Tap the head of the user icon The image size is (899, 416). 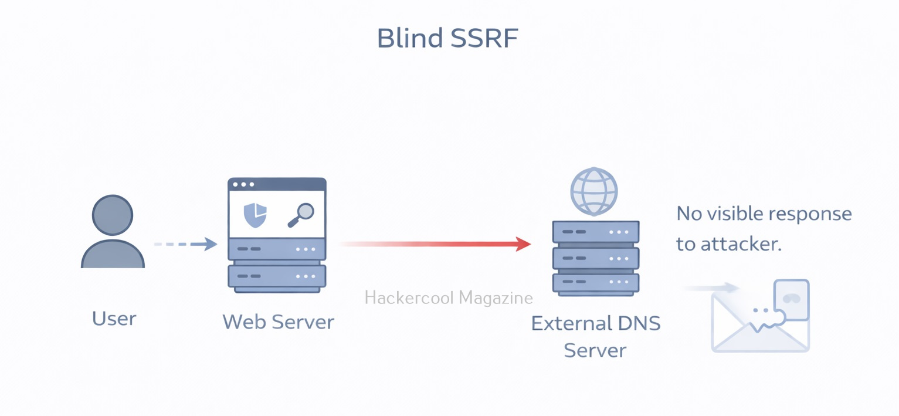click(x=113, y=215)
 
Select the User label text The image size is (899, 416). click(x=114, y=319)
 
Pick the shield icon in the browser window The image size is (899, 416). click(x=255, y=215)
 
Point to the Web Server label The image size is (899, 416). click(x=278, y=322)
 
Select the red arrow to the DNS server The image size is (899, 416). click(x=434, y=243)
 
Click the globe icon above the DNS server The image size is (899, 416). click(x=594, y=191)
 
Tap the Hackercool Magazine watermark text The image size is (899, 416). click(x=449, y=298)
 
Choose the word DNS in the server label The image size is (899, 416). click(x=640, y=323)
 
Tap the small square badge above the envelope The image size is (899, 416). click(x=791, y=299)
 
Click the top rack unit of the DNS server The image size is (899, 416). click(x=596, y=232)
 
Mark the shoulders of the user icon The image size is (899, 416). click(x=113, y=255)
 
